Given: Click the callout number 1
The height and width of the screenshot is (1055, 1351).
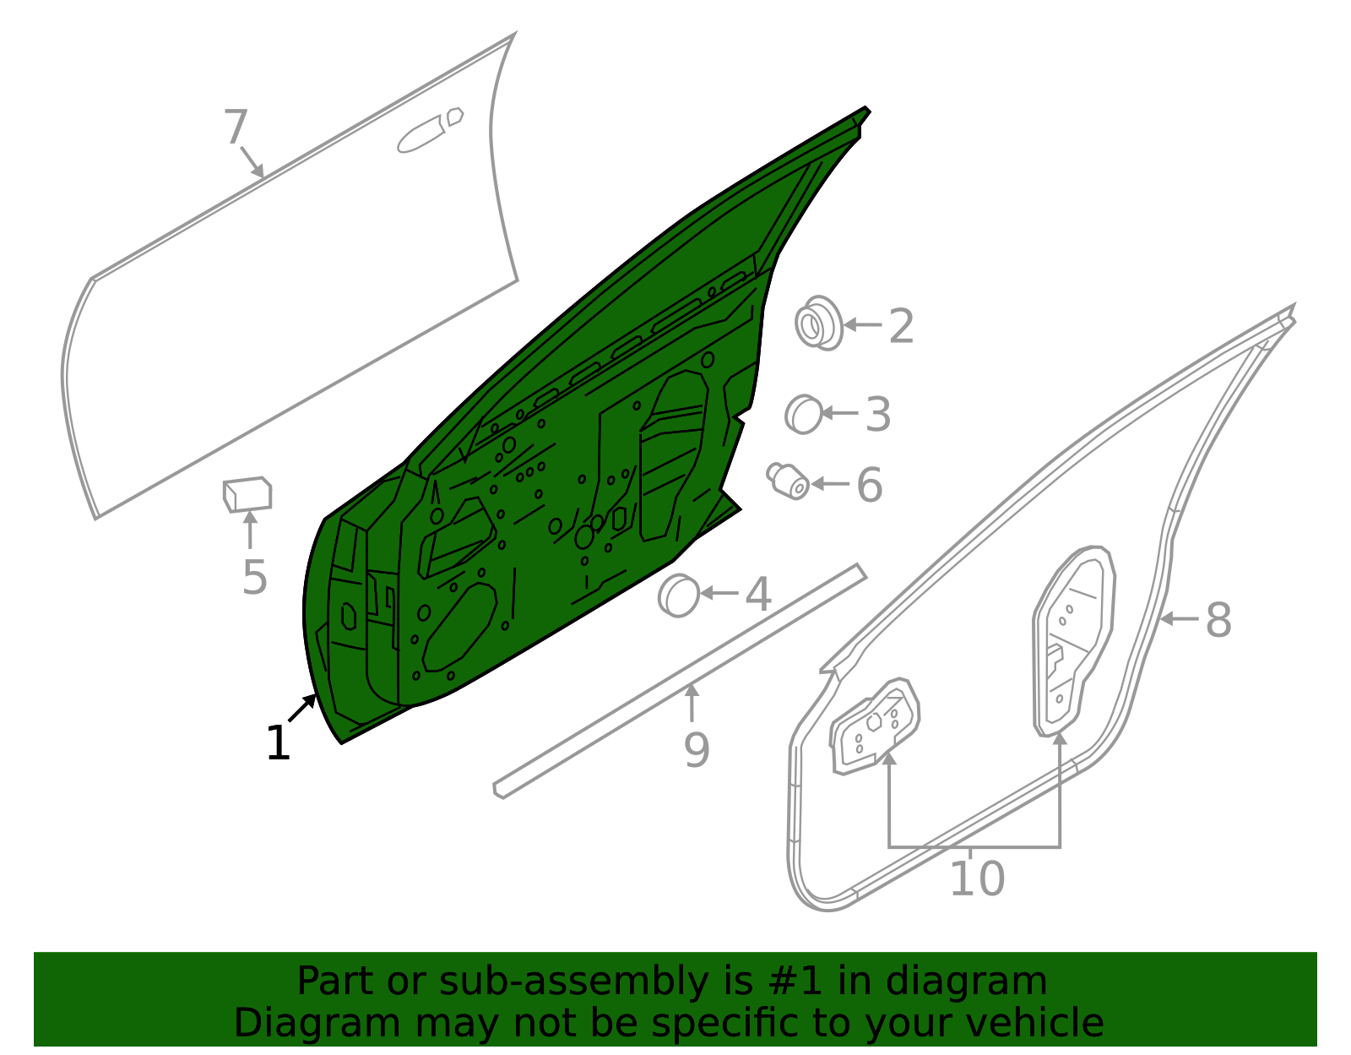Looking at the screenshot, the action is (x=278, y=742).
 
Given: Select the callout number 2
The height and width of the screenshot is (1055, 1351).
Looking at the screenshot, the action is (x=902, y=326).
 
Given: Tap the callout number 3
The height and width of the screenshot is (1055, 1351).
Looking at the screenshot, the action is (x=878, y=414).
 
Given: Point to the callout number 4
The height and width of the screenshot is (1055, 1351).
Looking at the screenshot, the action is (x=758, y=595).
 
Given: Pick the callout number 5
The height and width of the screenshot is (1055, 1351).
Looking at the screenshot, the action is (x=255, y=578).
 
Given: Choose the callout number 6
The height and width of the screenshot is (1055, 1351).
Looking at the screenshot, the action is (x=869, y=485).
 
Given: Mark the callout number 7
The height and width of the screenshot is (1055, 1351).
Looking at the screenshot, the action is (x=236, y=127).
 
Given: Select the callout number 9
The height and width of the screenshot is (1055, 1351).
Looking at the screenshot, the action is (x=697, y=750).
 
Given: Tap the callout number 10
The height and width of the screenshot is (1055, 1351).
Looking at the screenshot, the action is (x=977, y=878).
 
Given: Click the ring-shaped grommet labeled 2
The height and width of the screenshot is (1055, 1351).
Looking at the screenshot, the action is (x=819, y=324).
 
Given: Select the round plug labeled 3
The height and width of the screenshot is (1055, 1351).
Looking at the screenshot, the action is (x=804, y=414).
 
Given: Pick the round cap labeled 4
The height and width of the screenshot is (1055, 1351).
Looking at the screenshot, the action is (x=679, y=595).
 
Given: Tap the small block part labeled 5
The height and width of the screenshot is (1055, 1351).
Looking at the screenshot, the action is (x=247, y=494).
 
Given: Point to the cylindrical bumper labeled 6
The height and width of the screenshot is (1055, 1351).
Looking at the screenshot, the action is (x=788, y=481).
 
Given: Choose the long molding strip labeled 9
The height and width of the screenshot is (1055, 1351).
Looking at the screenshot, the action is (x=680, y=682).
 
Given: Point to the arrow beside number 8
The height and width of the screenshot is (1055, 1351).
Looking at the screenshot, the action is (x=1179, y=618).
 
